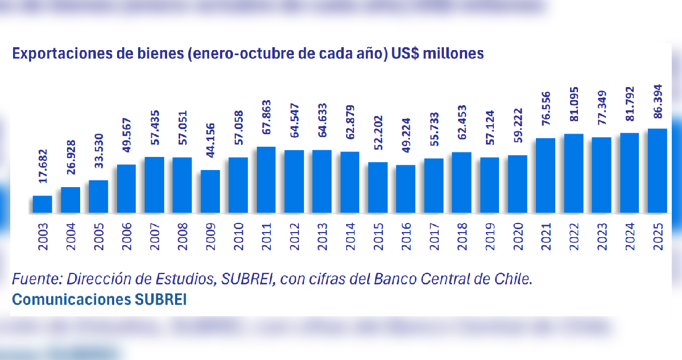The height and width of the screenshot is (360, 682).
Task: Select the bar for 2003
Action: pyautogui.click(x=42, y=205)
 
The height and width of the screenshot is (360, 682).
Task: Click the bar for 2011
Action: pyautogui.click(x=266, y=180)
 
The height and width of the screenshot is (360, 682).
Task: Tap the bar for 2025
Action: pyautogui.click(x=658, y=171)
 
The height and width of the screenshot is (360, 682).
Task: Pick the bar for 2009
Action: pyautogui.click(x=210, y=192)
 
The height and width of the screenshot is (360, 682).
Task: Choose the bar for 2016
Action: pyautogui.click(x=406, y=189)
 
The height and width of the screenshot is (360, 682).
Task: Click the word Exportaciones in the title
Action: pyautogui.click(x=52, y=53)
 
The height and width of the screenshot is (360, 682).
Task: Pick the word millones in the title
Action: pyautogui.click(x=452, y=53)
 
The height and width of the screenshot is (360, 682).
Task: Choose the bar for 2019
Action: pyautogui.click(x=490, y=185)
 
